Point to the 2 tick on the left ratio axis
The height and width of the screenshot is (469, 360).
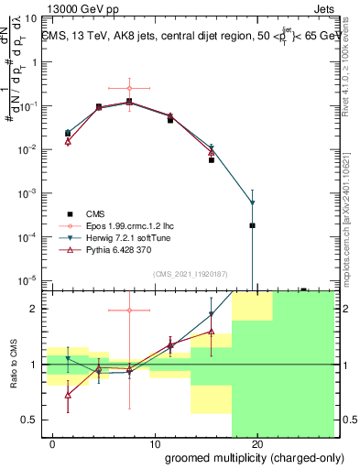pos(33,309)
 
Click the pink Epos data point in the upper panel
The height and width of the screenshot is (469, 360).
pos(130,88)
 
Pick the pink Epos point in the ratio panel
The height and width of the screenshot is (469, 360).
pos(130,311)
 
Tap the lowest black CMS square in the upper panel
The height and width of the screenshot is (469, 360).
pos(252,225)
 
